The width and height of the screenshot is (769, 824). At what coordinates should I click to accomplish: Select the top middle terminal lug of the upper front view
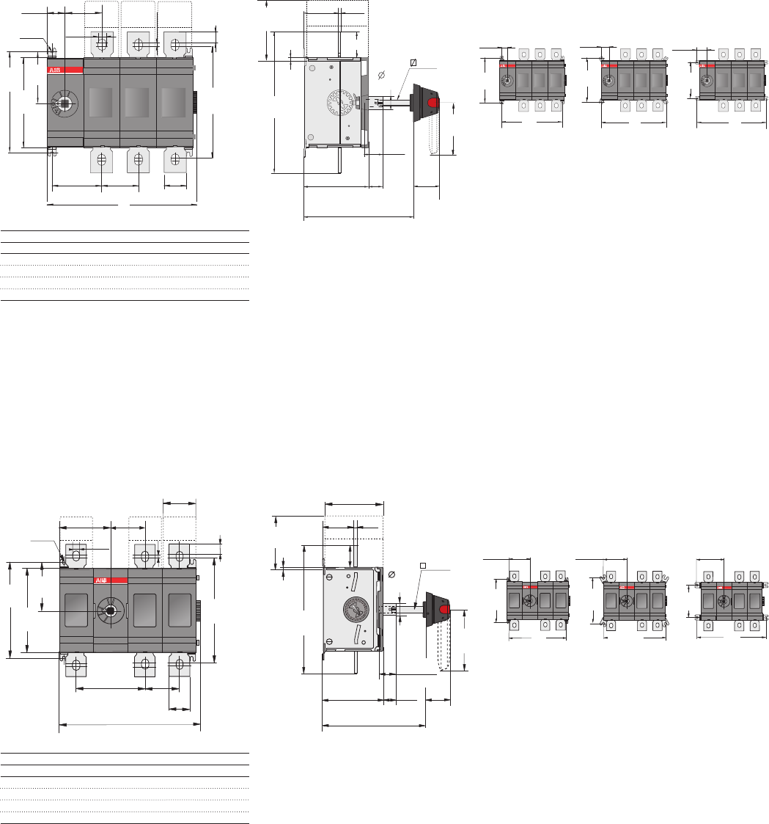click(x=138, y=44)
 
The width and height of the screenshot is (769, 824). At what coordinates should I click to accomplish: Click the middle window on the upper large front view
click(x=138, y=101)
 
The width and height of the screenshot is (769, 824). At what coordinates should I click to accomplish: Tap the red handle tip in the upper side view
click(x=433, y=101)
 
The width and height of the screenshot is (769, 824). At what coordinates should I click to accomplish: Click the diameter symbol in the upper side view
click(x=380, y=75)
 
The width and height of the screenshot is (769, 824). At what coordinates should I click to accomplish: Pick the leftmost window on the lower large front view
click(x=76, y=610)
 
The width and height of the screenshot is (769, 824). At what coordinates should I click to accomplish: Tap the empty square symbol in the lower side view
click(x=423, y=565)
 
